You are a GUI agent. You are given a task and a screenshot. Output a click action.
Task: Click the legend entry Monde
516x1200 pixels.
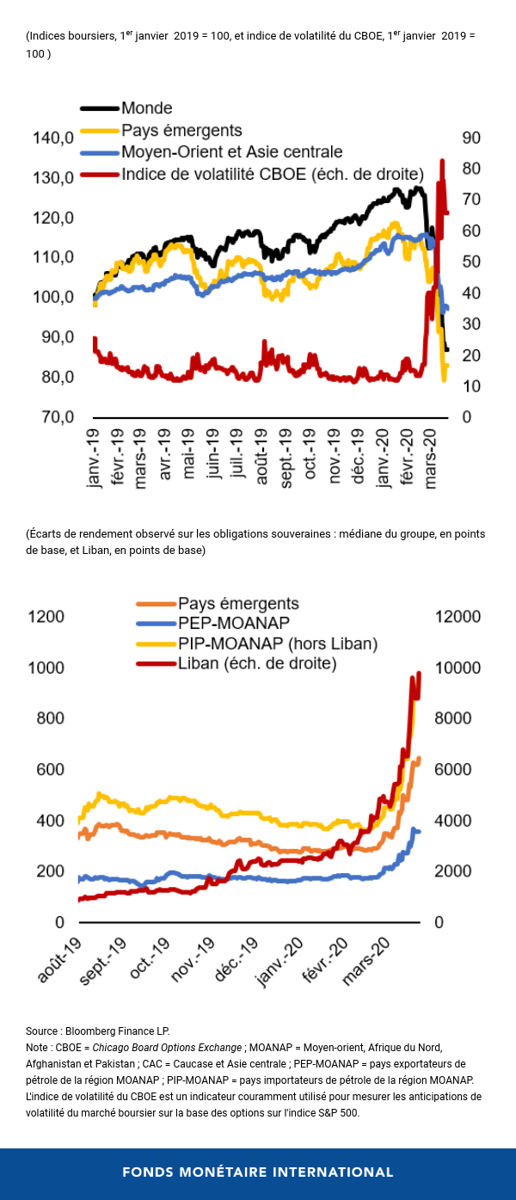pyautogui.click(x=147, y=108)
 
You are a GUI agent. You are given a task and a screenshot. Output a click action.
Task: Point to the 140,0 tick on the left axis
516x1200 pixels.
pyautogui.click(x=52, y=138)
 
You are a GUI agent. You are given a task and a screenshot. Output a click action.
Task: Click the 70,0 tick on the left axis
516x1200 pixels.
pyautogui.click(x=52, y=417)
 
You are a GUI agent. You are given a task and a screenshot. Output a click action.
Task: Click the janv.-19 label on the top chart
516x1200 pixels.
pyautogui.click(x=96, y=460)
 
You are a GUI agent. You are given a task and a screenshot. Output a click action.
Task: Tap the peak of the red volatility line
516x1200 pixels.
pyautogui.click(x=442, y=160)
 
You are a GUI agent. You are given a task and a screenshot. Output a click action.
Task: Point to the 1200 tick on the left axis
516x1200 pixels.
pyautogui.click(x=47, y=617)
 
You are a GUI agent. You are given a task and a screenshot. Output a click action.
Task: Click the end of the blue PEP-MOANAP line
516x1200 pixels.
pyautogui.click(x=419, y=831)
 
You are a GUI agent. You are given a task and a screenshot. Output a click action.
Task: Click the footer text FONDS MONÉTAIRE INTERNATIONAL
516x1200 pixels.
pyautogui.click(x=258, y=1172)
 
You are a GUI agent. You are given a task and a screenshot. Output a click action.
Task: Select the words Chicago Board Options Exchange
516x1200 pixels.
pyautogui.click(x=166, y=1048)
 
